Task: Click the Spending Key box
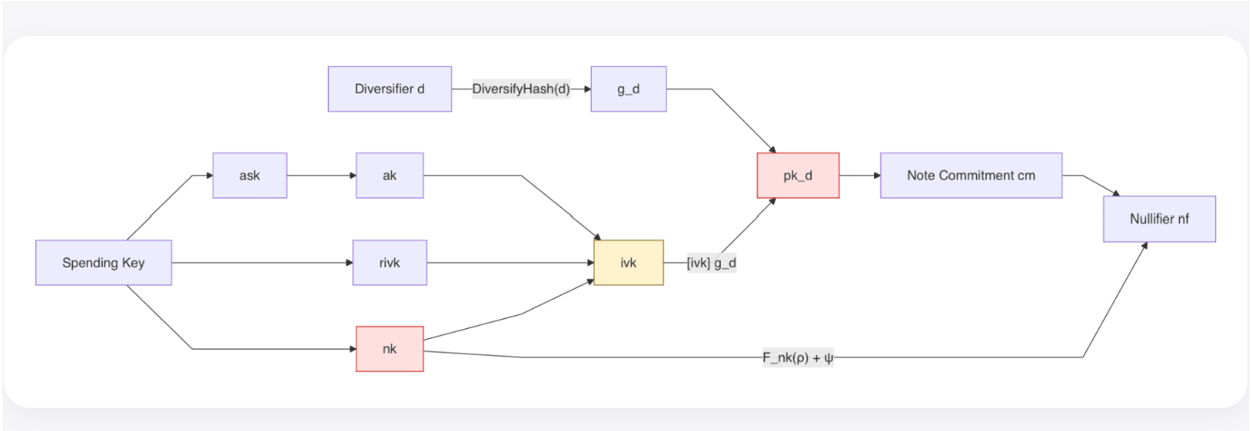pyautogui.click(x=104, y=263)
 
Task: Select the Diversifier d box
pyautogui.click(x=390, y=89)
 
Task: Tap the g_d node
pyautogui.click(x=628, y=89)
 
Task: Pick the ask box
pyautogui.click(x=249, y=176)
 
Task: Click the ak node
pyautogui.click(x=390, y=176)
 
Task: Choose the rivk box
pyautogui.click(x=390, y=263)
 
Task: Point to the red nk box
pyautogui.click(x=390, y=349)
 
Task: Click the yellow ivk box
pyautogui.click(x=628, y=263)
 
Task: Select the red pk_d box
pyautogui.click(x=798, y=176)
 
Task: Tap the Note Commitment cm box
pyautogui.click(x=971, y=176)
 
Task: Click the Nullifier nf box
pyautogui.click(x=1159, y=219)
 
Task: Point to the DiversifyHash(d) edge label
pyautogui.click(x=521, y=89)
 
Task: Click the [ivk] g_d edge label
pyautogui.click(x=712, y=263)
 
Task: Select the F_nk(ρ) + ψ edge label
pyautogui.click(x=798, y=357)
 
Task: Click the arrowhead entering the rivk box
pyautogui.click(x=349, y=263)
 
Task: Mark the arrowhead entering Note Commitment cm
pyautogui.click(x=877, y=176)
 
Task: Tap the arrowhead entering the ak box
pyautogui.click(x=352, y=176)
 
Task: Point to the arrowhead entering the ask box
pyautogui.click(x=210, y=176)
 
